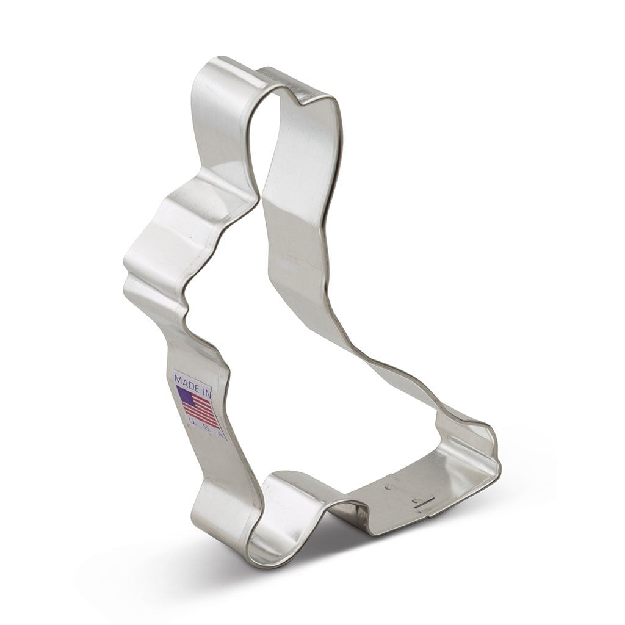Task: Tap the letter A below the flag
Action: (221, 435)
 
